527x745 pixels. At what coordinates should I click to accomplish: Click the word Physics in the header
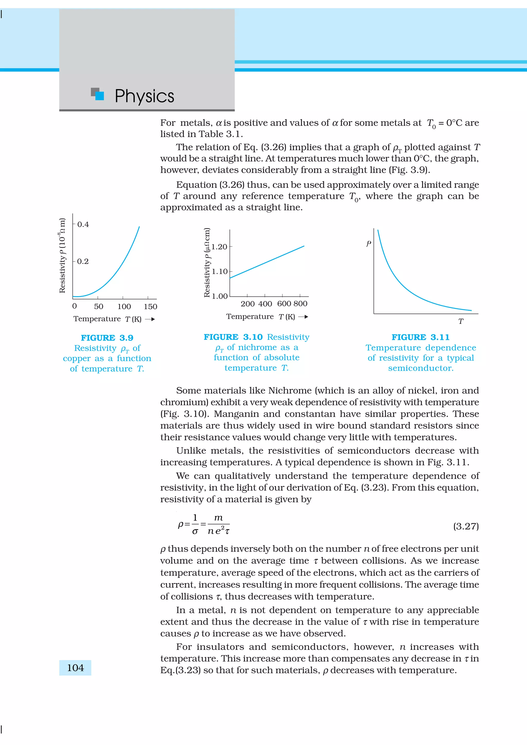pos(145,96)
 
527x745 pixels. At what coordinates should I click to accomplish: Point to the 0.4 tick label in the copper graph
pos(83,224)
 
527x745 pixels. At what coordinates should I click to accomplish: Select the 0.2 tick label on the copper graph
pos(83,261)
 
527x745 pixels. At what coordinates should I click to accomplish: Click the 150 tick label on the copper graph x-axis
pos(150,306)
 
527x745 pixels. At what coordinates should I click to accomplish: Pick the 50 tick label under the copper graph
pos(99,306)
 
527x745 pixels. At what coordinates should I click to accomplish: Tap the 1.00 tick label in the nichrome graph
pos(219,296)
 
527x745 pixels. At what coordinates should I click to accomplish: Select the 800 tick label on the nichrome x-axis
pos(300,304)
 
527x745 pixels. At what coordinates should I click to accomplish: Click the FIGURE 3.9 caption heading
pos(107,338)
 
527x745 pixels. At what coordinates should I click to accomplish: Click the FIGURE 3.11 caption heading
pos(420,337)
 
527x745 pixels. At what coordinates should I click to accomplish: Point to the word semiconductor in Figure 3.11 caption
pos(420,368)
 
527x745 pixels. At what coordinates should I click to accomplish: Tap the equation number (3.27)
pos(466,526)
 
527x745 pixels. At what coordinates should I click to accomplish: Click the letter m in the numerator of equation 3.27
pos(218,517)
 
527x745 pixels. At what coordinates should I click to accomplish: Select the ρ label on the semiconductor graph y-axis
pos(368,243)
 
